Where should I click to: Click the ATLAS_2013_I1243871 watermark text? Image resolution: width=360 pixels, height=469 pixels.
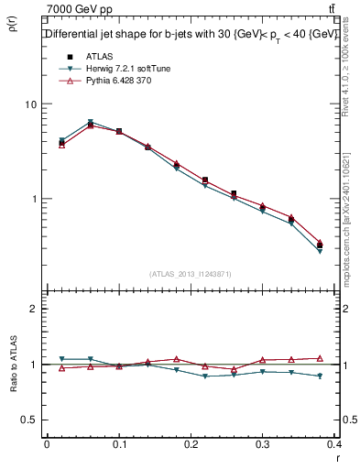[x=191, y=274]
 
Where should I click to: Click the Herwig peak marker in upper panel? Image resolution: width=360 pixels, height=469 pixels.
[x=90, y=122]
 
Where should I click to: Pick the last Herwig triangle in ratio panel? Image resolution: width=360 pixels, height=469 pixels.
[x=321, y=376]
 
